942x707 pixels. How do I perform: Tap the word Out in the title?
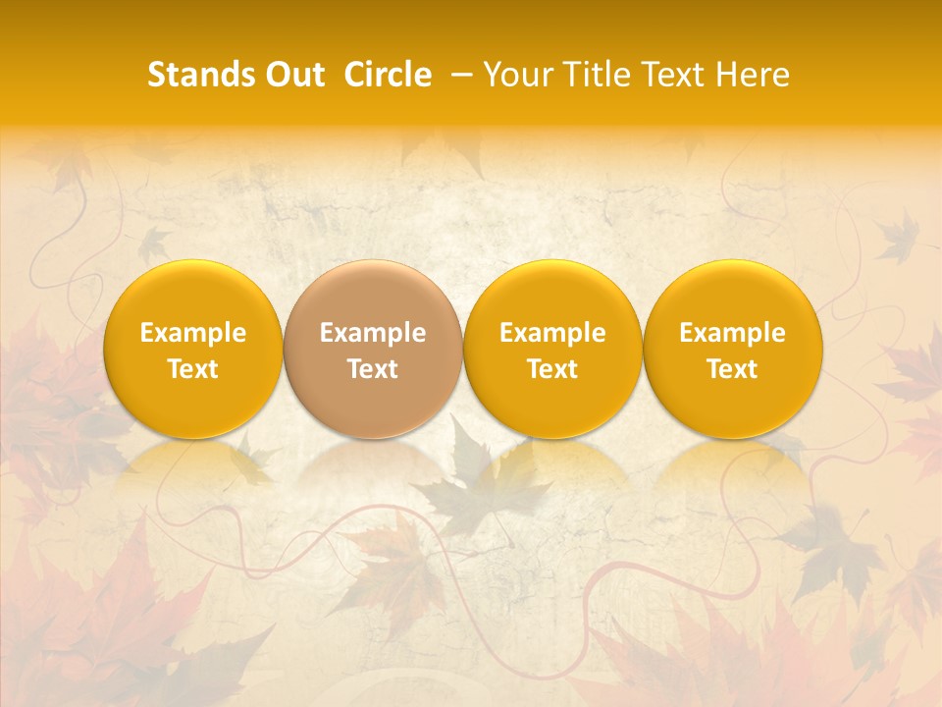(x=291, y=76)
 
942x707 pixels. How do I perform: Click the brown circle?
(x=373, y=349)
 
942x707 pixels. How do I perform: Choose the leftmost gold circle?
(x=192, y=349)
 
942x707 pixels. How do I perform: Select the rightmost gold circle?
(x=732, y=349)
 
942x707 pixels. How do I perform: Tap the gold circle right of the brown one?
(x=552, y=349)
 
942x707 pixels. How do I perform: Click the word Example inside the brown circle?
(x=373, y=333)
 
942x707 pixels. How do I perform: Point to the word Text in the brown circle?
(x=373, y=369)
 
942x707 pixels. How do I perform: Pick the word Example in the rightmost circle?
(x=732, y=333)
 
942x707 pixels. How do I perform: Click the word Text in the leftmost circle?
(x=192, y=369)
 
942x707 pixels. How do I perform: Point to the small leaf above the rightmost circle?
(x=895, y=239)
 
